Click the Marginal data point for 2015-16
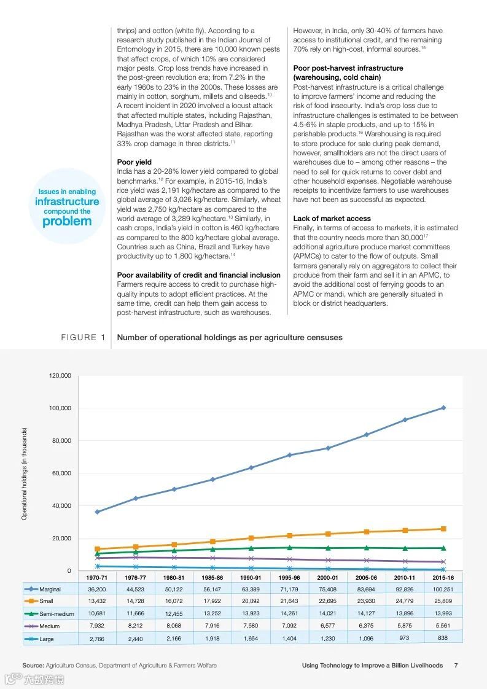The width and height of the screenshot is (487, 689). (443, 408)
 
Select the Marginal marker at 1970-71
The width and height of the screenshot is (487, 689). (97, 512)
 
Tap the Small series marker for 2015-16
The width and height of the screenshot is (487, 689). (443, 529)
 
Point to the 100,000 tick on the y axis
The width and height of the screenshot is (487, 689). (60, 408)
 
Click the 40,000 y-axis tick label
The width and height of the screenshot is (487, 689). (60, 506)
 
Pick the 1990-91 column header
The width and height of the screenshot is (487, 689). (251, 578)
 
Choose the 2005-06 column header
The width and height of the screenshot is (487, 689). (366, 578)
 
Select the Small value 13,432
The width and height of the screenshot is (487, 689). (97, 601)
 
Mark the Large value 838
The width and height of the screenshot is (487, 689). (443, 638)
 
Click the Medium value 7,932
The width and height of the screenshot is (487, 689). (97, 626)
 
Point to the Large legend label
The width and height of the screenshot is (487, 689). (47, 639)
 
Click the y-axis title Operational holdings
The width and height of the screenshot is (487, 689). (25, 473)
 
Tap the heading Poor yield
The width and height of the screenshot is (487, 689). (134, 162)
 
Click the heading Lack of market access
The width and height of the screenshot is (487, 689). (332, 219)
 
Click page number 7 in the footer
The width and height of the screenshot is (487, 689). (456, 665)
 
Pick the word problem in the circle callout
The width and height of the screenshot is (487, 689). (67, 222)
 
